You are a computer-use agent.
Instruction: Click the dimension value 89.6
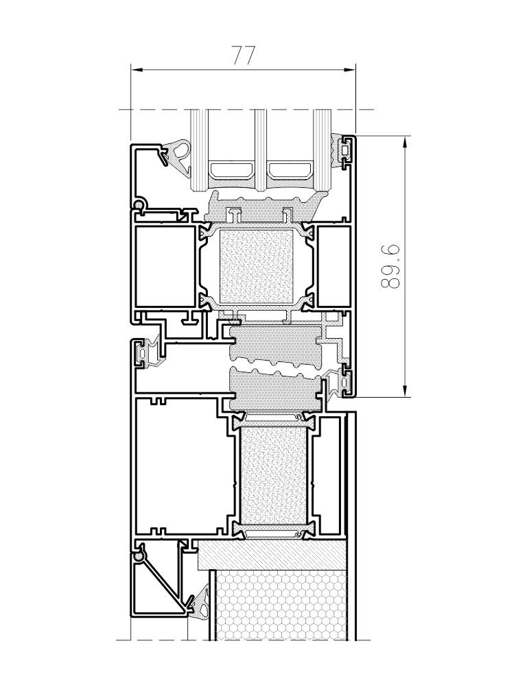pos(390,267)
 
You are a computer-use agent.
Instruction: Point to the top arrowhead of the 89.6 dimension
pos(406,143)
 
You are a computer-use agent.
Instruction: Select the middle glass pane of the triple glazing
pos(260,150)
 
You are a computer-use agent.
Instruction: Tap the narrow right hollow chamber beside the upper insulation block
pos(333,265)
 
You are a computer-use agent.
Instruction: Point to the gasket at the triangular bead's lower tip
pos(201,603)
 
